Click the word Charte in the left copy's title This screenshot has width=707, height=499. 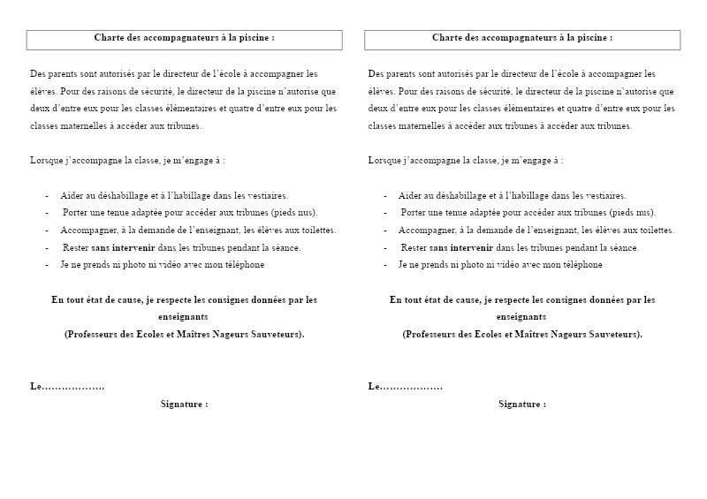[x=109, y=38]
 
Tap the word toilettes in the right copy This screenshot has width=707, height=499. [x=655, y=230]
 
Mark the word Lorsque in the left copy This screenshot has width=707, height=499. [x=45, y=161]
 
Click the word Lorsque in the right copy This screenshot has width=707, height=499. [x=384, y=161]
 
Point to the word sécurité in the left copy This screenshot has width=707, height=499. [x=154, y=91]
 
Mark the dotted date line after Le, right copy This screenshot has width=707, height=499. [x=412, y=387]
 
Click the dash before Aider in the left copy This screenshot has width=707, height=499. [x=47, y=195]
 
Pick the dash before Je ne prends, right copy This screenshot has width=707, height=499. [x=385, y=264]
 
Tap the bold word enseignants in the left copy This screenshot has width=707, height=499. [x=184, y=316]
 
